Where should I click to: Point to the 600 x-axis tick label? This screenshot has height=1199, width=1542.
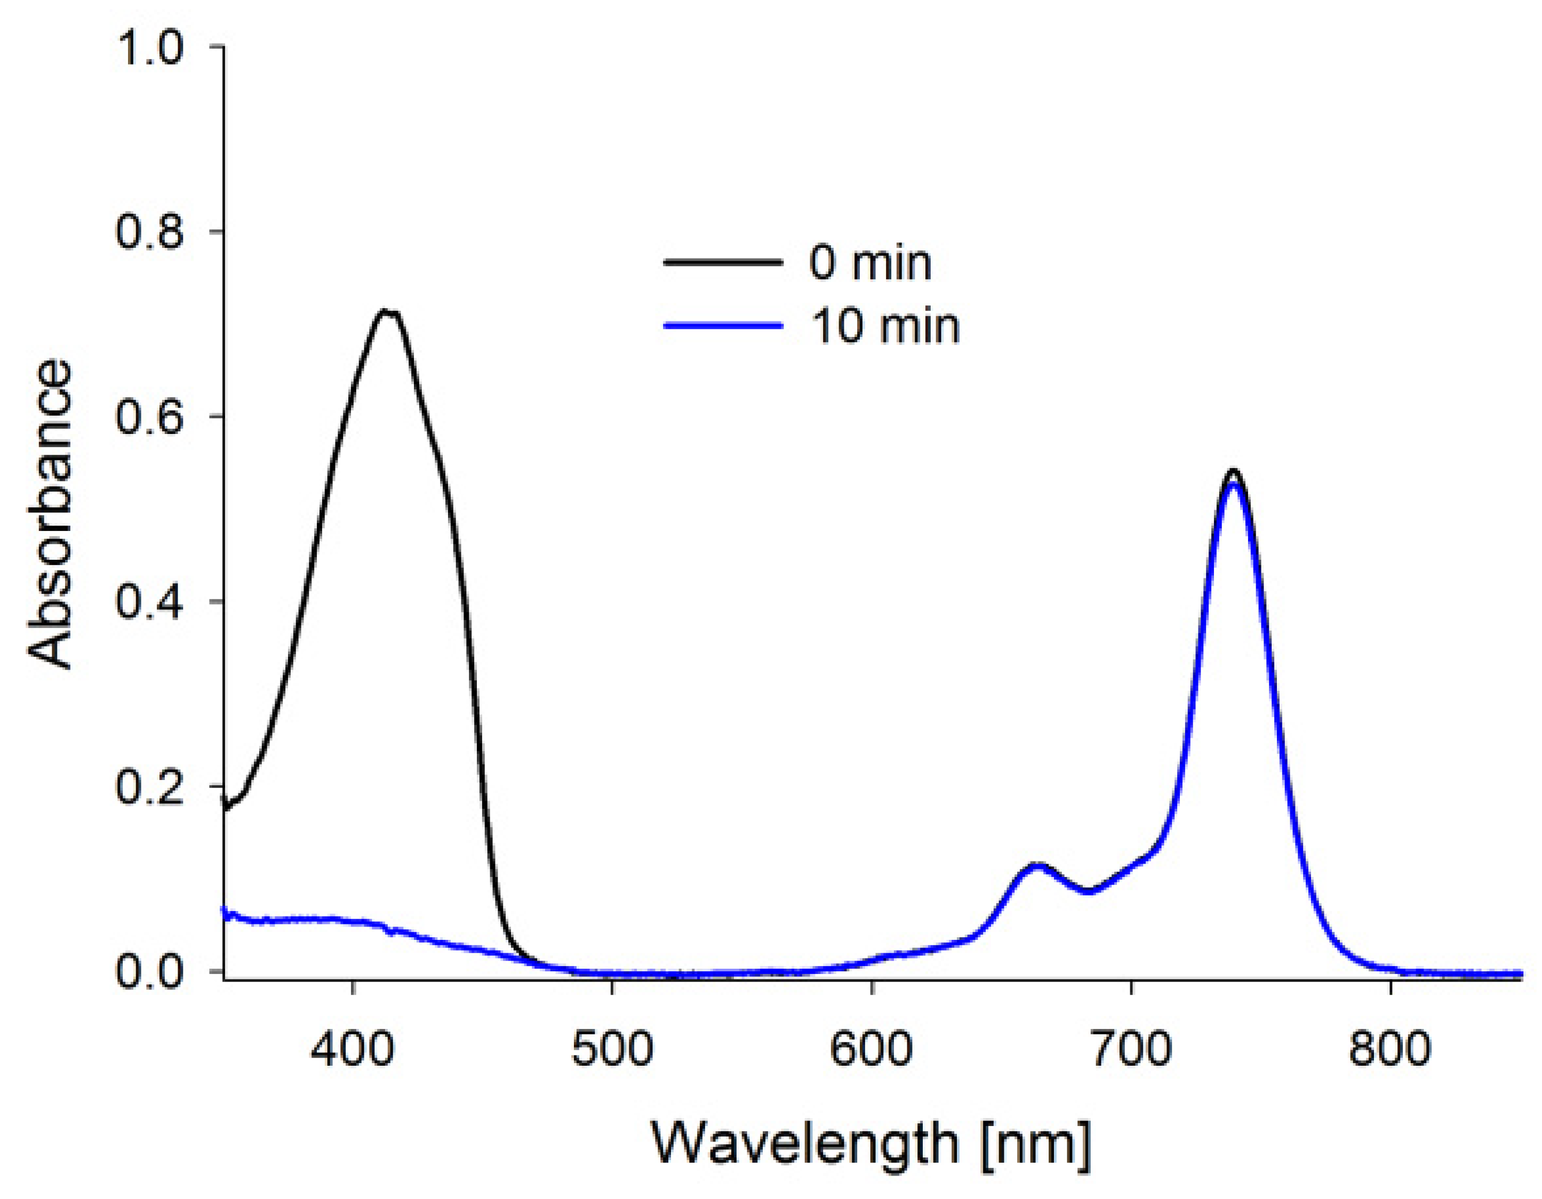point(871,1049)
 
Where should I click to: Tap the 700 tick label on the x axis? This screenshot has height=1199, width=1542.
point(1131,1049)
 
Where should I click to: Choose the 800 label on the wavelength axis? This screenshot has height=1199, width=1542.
point(1390,1049)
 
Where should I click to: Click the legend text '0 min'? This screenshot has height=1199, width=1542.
point(870,263)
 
